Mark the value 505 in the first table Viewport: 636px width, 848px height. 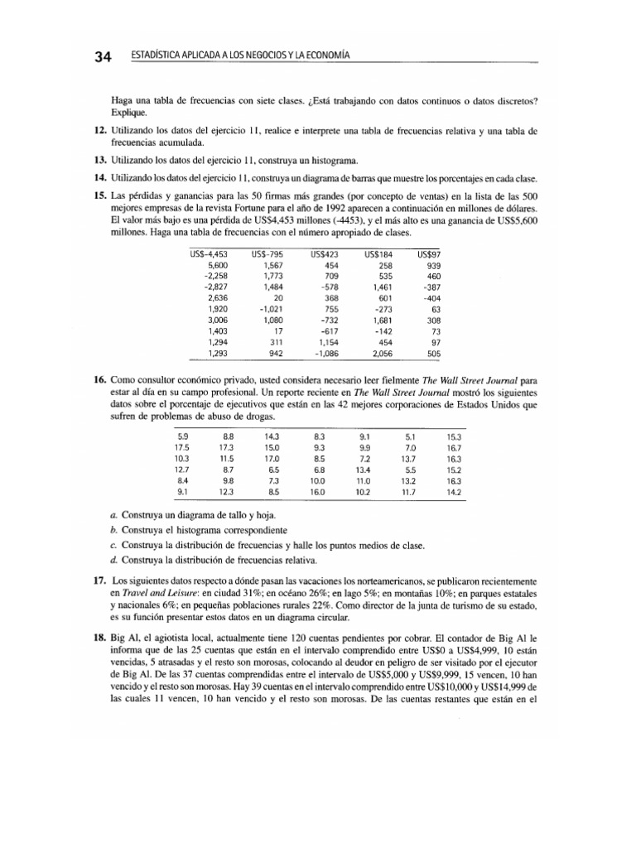[432, 354]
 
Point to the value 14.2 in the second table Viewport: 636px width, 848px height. [453, 492]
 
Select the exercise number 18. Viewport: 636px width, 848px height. [99, 640]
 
